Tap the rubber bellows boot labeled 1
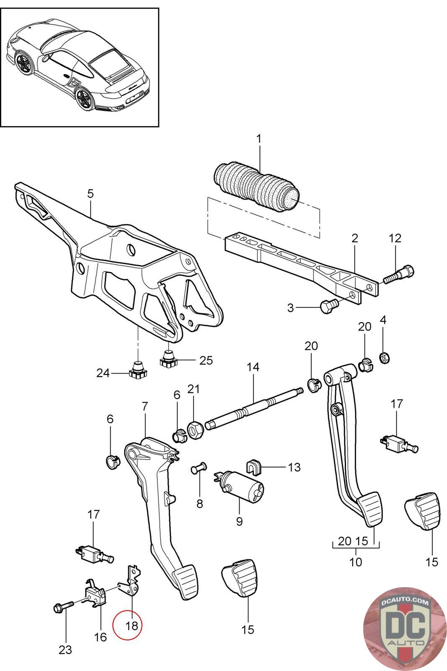[x=257, y=186]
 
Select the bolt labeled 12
[x=399, y=274]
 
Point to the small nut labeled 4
[x=384, y=357]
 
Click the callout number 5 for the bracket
[x=90, y=194]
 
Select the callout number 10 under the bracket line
[x=356, y=562]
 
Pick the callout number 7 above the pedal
[x=145, y=406]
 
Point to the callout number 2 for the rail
[x=354, y=239]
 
